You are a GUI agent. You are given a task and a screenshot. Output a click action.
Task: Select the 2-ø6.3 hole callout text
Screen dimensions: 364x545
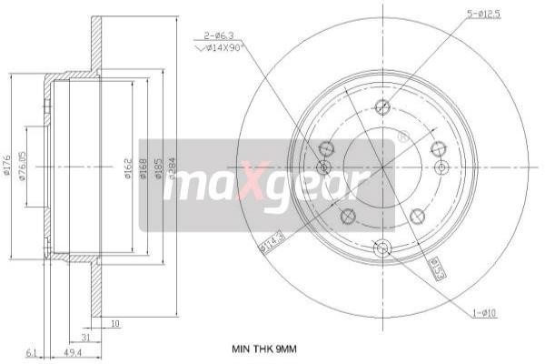click(218, 38)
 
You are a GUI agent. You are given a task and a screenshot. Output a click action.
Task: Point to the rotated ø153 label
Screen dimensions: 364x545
click(436, 268)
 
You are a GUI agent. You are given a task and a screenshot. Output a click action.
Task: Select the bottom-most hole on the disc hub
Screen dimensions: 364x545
click(382, 247)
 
